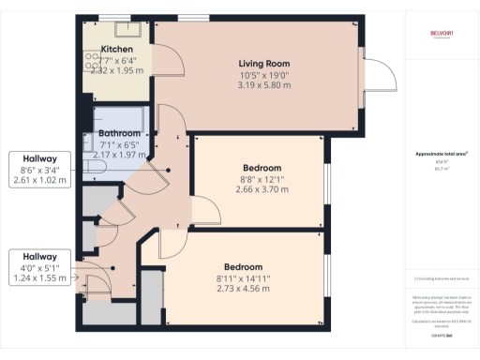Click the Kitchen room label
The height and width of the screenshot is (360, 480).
pyautogui.click(x=117, y=49)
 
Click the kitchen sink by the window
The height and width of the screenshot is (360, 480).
pyautogui.click(x=117, y=25)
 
